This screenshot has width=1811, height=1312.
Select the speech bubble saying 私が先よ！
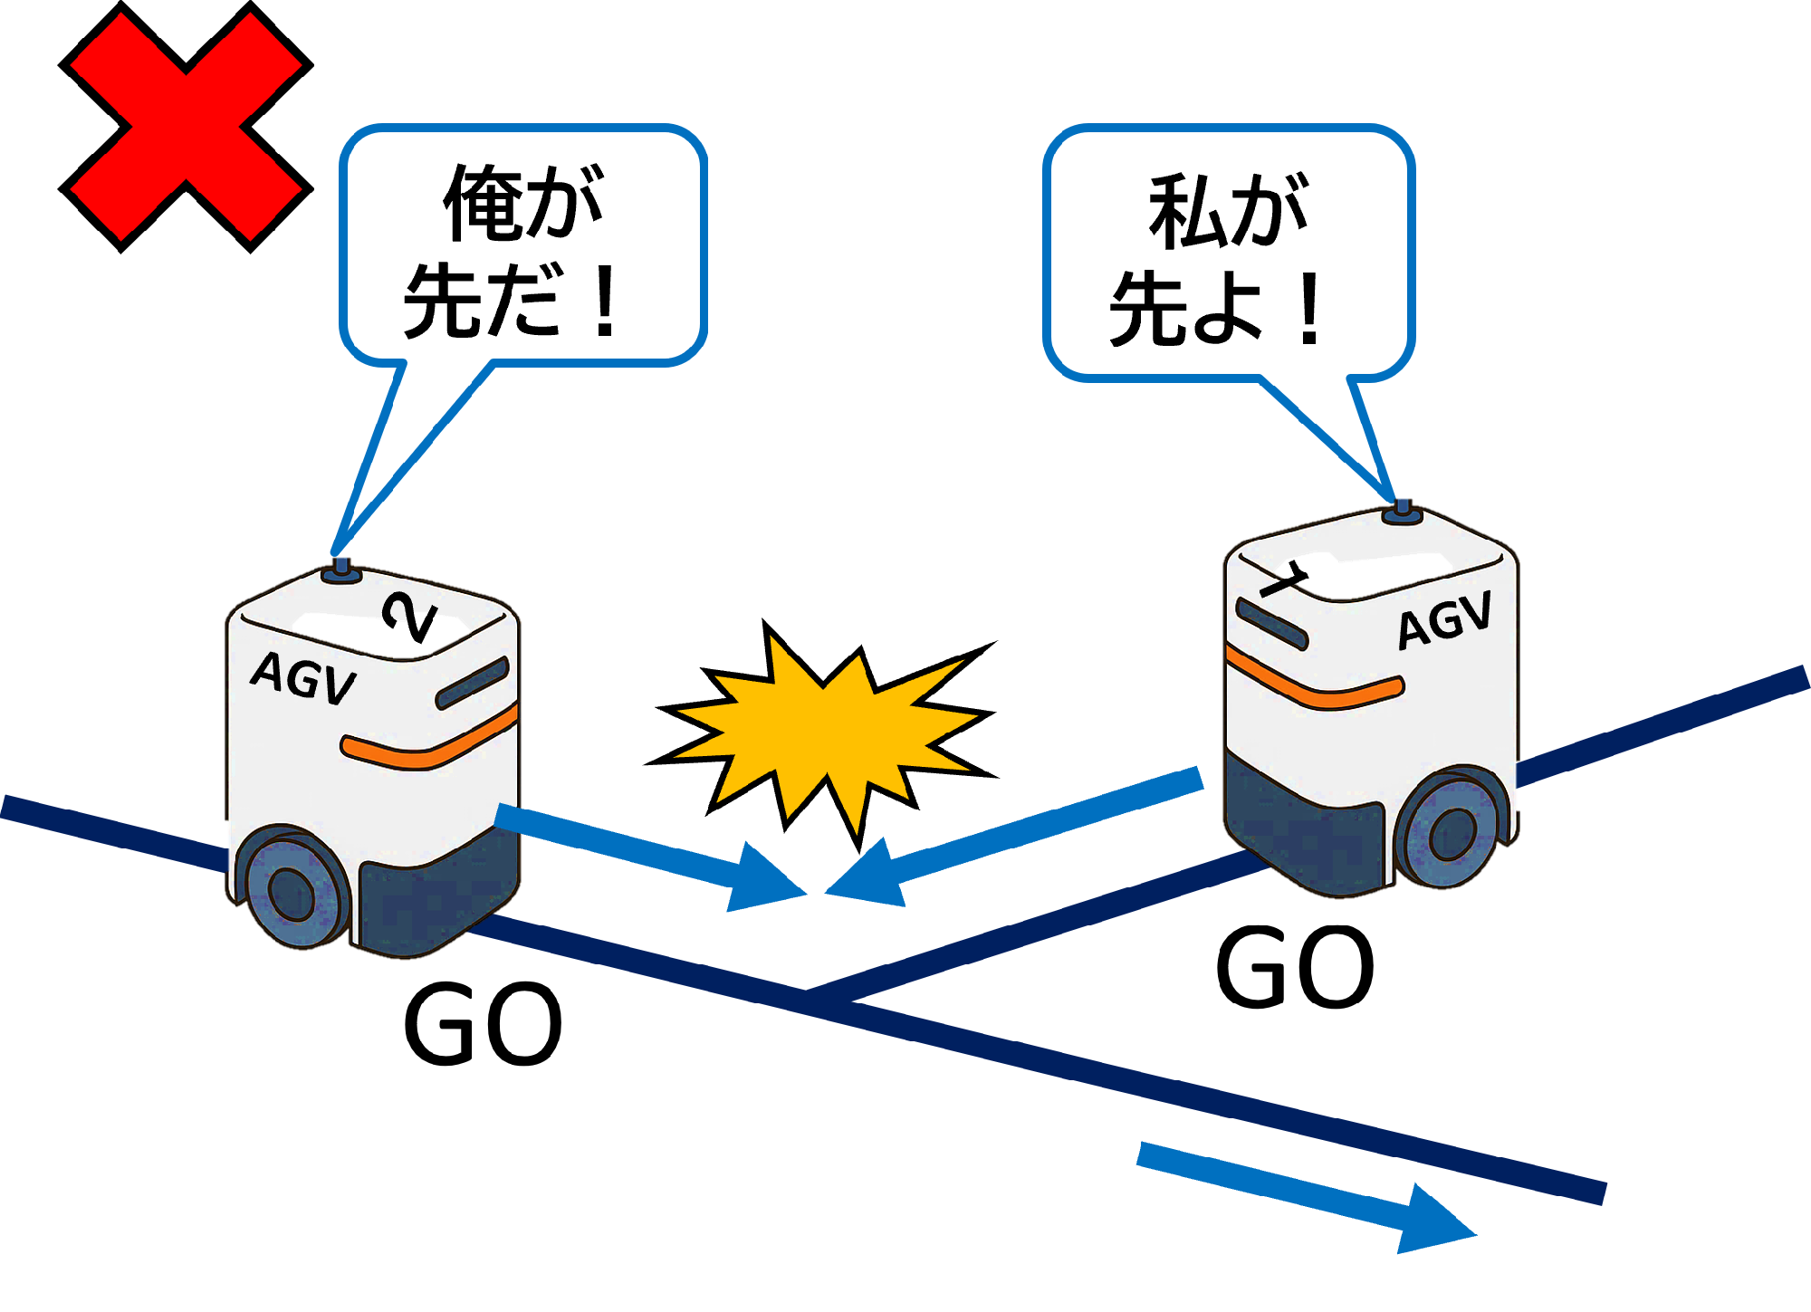tap(1228, 254)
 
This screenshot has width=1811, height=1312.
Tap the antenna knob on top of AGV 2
tap(341, 571)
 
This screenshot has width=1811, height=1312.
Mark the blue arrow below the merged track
tap(1304, 1195)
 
